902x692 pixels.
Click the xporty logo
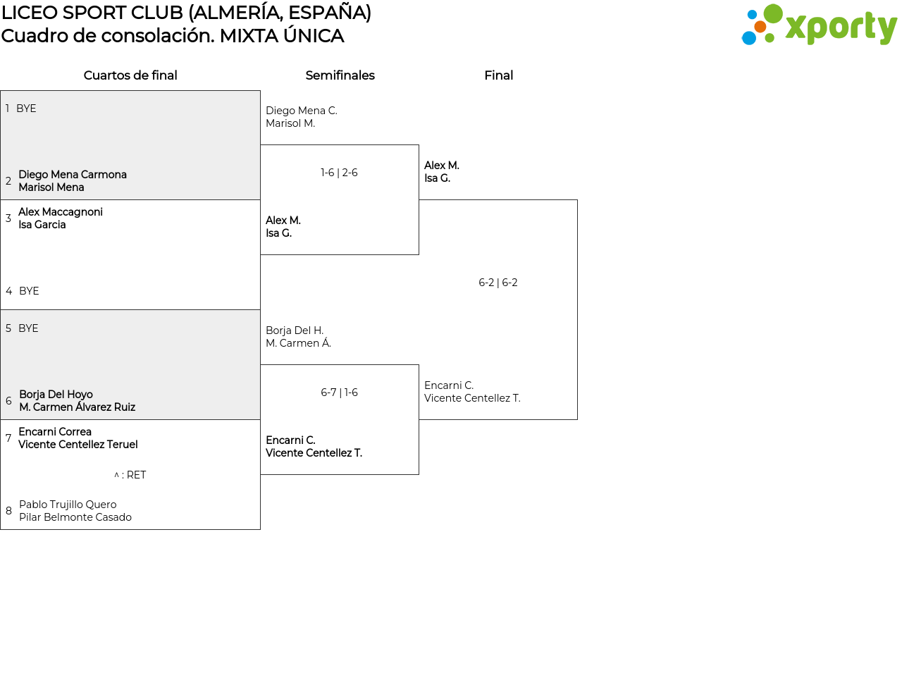pos(819,25)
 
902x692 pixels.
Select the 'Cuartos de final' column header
pos(130,75)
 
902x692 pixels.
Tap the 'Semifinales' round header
pos(340,75)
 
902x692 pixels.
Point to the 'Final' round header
pos(498,75)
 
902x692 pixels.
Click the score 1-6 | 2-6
pos(339,173)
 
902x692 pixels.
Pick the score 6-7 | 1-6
pos(339,393)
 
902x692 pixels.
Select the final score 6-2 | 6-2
pos(498,283)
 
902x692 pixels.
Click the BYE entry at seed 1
pos(26,109)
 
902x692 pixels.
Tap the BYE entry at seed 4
pos(29,290)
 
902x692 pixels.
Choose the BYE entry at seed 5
pos(28,328)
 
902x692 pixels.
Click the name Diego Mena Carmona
pos(73,174)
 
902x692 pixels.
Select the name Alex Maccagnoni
pos(61,211)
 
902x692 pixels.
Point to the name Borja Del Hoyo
pos(56,395)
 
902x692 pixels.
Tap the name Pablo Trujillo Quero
pos(68,505)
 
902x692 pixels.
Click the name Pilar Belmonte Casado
pos(75,517)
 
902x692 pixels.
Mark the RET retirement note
pos(130,475)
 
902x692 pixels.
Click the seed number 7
pos(8,438)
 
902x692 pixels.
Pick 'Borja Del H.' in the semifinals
pos(295,330)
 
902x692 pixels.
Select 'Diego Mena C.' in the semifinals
pos(302,111)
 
